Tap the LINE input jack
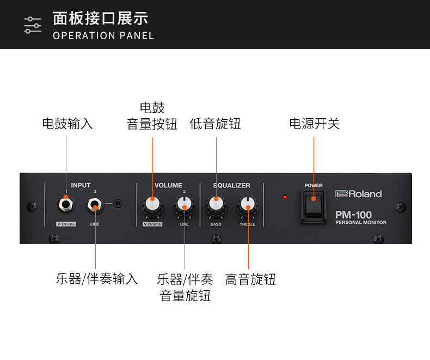pos(95,206)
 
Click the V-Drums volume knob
pos(152,205)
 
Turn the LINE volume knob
pos(185,205)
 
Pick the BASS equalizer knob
pos(216,205)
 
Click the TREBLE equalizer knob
pos(248,206)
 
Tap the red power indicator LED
pos(284,197)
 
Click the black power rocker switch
pos(314,206)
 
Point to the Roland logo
pos(359,194)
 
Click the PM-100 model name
pos(353,215)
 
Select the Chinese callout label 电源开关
pos(314,124)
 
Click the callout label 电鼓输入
pos(67,124)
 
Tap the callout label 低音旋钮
pos(215,124)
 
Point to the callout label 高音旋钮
pos(250,279)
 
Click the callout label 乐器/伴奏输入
pos(97,279)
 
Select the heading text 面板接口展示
pos(101,19)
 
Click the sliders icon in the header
pos(33,25)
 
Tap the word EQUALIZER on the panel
pos(231,185)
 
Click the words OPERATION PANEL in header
pos(103,36)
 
